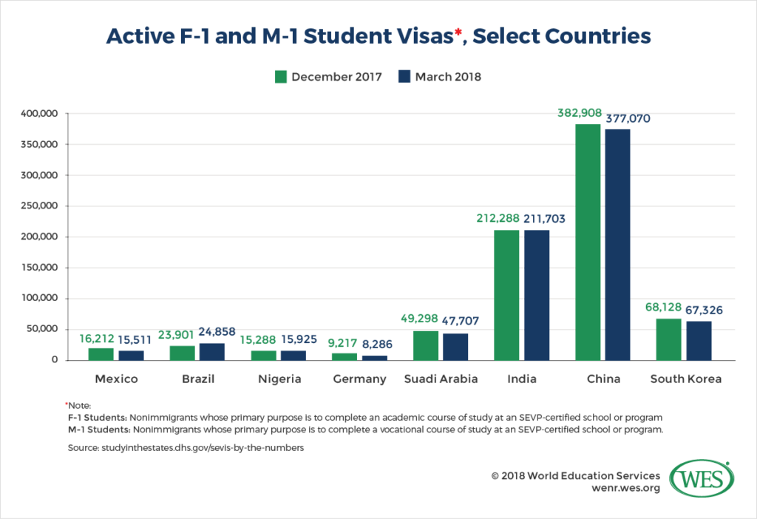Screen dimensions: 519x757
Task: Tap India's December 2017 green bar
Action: tap(506, 295)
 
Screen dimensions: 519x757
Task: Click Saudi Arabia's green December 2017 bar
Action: tap(425, 345)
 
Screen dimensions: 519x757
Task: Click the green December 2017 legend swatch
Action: tap(280, 77)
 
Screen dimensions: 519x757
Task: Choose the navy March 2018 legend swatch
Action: tap(404, 77)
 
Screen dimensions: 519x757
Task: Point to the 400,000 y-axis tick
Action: tap(41, 114)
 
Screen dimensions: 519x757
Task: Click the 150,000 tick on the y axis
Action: tap(41, 268)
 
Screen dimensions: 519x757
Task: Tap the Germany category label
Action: tap(359, 379)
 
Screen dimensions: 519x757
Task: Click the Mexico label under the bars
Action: tap(116, 379)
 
